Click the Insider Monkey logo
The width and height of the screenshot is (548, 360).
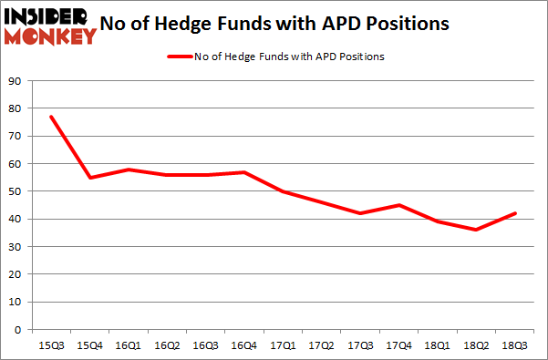[x=50, y=26]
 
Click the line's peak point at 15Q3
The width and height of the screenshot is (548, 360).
[x=51, y=117]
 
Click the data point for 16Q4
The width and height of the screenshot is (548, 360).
[x=242, y=172]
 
